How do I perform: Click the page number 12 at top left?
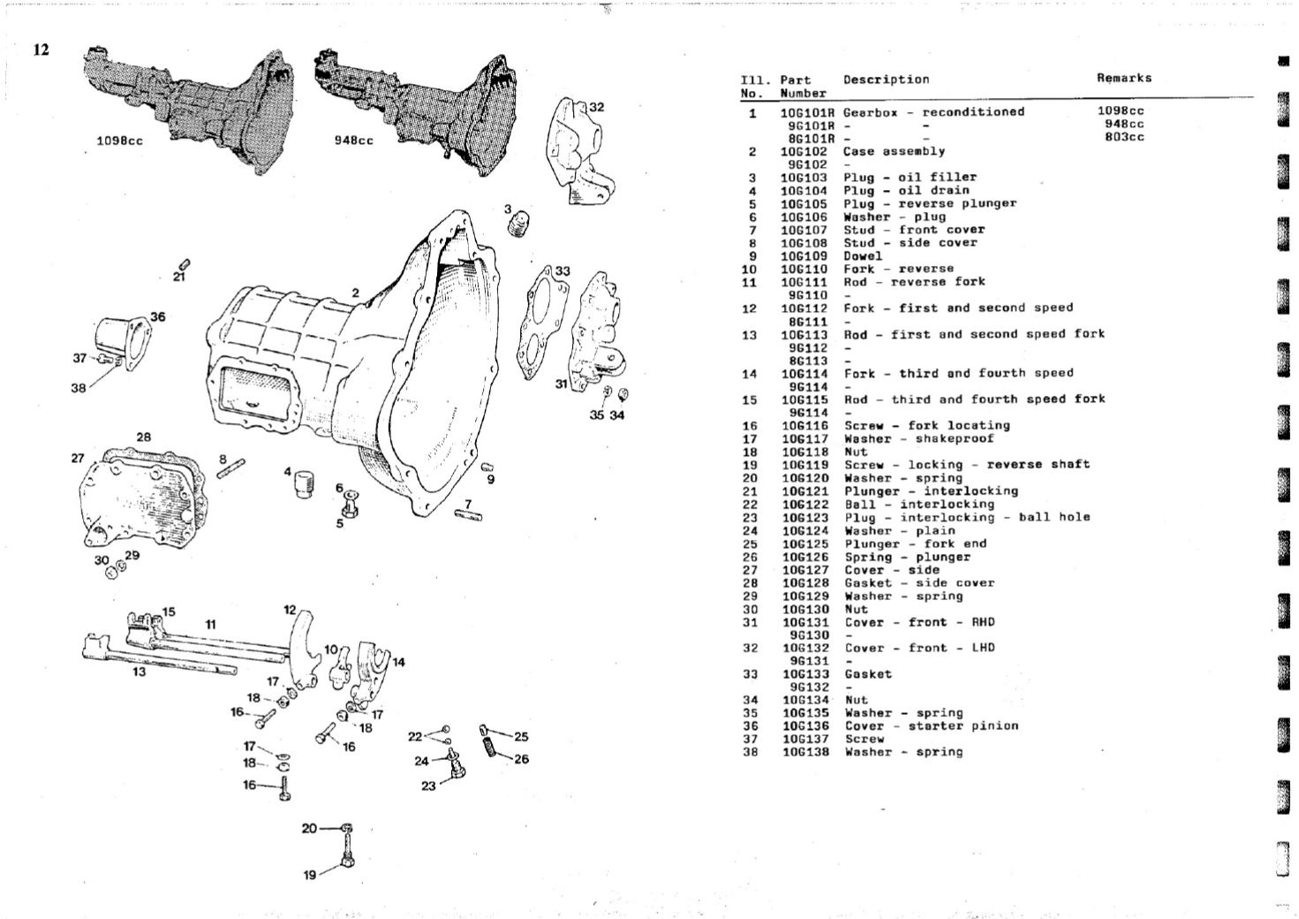pyautogui.click(x=42, y=49)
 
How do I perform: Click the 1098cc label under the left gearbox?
pyautogui.click(x=119, y=141)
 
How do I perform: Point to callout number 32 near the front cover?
pyautogui.click(x=597, y=107)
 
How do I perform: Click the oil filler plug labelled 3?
pyautogui.click(x=520, y=224)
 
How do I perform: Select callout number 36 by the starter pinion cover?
pyautogui.click(x=157, y=316)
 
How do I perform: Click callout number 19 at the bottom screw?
pyautogui.click(x=310, y=875)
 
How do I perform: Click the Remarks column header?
pyautogui.click(x=1123, y=78)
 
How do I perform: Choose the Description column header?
pyautogui.click(x=886, y=80)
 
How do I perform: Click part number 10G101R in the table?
pyautogui.click(x=807, y=112)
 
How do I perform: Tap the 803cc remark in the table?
pyautogui.click(x=1124, y=138)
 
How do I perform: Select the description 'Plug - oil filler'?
pyautogui.click(x=910, y=178)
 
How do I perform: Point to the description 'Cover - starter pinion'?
pyautogui.click(x=931, y=726)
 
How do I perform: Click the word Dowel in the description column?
pyautogui.click(x=863, y=256)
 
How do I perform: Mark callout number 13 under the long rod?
pyautogui.click(x=140, y=672)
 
